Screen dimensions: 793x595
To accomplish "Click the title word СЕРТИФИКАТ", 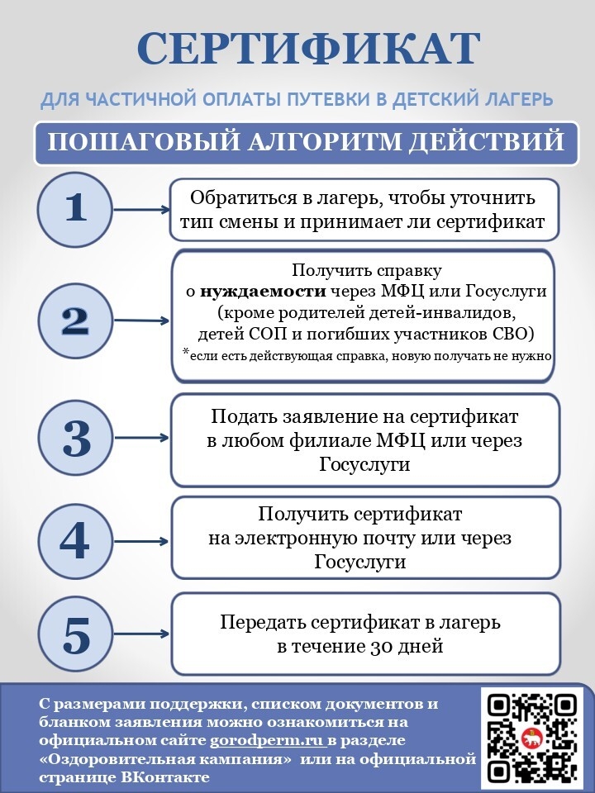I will pyautogui.click(x=308, y=49).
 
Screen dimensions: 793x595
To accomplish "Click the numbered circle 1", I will pyautogui.click(x=75, y=208).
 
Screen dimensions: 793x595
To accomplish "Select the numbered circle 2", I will pyautogui.click(x=75, y=320).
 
